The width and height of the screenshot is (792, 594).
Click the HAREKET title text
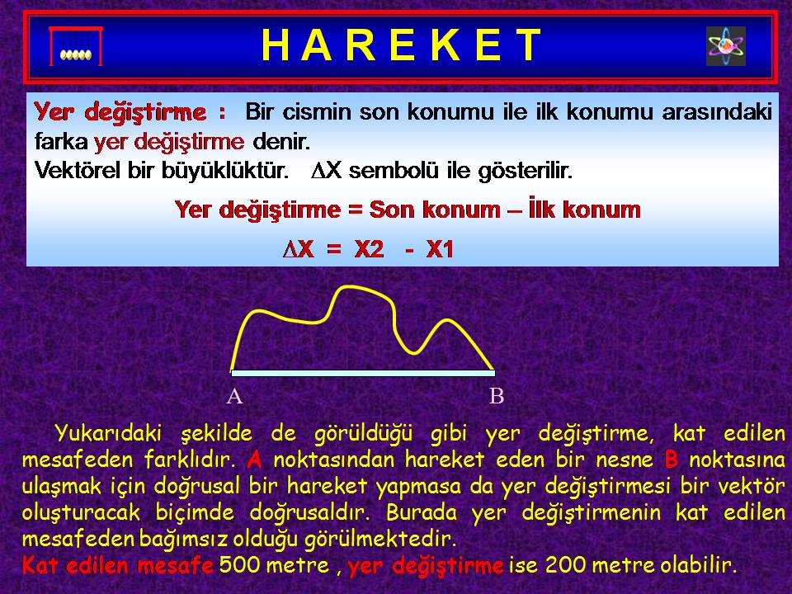pos(402,45)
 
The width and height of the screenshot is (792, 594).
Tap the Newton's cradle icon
pos(76,46)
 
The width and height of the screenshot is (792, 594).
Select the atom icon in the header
pos(726,46)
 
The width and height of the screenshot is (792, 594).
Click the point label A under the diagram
pos(234,397)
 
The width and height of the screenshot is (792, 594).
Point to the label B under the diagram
pos(497,397)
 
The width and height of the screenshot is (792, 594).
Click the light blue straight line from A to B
pos(363,373)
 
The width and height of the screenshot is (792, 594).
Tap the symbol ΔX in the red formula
pos(298,249)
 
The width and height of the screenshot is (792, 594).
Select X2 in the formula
pos(370,249)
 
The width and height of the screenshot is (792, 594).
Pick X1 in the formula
pos(440,249)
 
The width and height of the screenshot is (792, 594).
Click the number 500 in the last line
pos(239,564)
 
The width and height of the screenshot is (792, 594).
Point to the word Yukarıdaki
pos(107,433)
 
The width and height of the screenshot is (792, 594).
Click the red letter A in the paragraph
pos(255,460)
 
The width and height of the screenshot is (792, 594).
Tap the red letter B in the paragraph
pos(672,460)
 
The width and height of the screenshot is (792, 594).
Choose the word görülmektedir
pos(380,539)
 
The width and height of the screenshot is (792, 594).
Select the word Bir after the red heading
pos(260,111)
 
